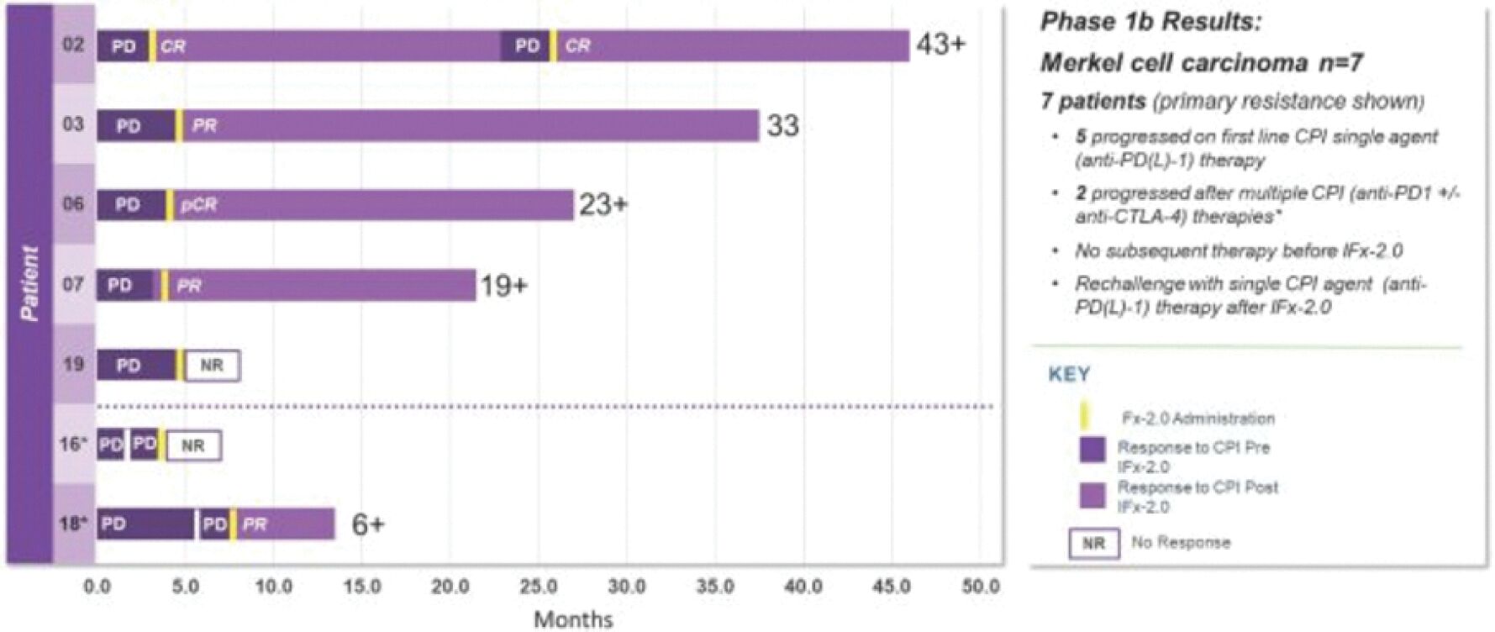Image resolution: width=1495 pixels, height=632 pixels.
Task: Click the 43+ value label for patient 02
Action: (940, 45)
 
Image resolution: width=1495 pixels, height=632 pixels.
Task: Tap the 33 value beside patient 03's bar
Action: (782, 126)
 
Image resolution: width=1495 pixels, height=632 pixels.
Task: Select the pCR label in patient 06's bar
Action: (199, 205)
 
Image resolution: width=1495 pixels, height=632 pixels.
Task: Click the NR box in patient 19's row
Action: (212, 366)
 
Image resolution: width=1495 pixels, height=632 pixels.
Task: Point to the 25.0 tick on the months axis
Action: (538, 587)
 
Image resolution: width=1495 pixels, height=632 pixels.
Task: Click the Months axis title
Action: (573, 619)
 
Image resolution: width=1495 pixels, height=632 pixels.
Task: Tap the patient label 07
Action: (73, 285)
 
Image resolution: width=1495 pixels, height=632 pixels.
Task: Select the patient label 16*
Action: (73, 443)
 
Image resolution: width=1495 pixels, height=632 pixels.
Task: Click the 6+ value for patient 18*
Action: (367, 524)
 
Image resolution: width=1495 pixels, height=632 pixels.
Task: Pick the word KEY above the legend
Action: (1069, 374)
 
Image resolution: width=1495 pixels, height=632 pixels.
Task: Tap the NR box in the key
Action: (1093, 543)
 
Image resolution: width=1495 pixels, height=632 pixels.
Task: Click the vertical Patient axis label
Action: (29, 283)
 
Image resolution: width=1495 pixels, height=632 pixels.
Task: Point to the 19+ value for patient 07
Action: (503, 286)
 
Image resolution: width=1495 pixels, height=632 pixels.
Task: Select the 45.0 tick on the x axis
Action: (891, 587)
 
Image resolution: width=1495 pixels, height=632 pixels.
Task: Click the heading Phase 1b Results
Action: (1150, 23)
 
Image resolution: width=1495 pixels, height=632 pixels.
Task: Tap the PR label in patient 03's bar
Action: (204, 126)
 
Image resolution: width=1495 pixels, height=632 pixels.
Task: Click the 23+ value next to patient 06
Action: (603, 205)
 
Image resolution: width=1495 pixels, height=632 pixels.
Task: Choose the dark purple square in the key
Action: (1092, 449)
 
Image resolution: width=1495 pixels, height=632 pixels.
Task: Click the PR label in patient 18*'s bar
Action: (255, 524)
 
